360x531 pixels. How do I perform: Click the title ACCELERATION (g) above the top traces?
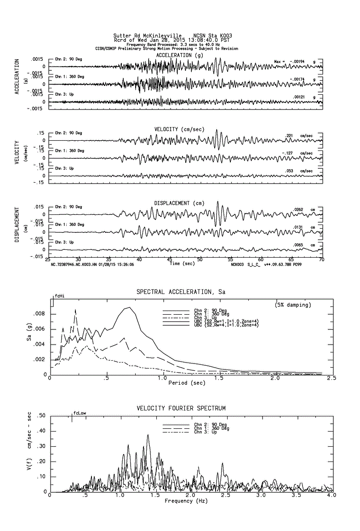pyautogui.click(x=179, y=55)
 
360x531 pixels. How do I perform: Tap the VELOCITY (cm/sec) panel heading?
pyautogui.click(x=179, y=129)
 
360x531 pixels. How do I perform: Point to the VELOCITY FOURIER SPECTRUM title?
pyautogui.click(x=181, y=408)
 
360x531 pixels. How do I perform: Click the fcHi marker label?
pyautogui.click(x=59, y=295)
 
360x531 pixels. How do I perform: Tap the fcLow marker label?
pyautogui.click(x=80, y=413)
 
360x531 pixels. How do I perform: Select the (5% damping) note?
pyautogui.click(x=293, y=305)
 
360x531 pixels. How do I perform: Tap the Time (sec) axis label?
pyautogui.click(x=182, y=264)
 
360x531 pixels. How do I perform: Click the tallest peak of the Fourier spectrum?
pyautogui.click(x=148, y=435)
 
